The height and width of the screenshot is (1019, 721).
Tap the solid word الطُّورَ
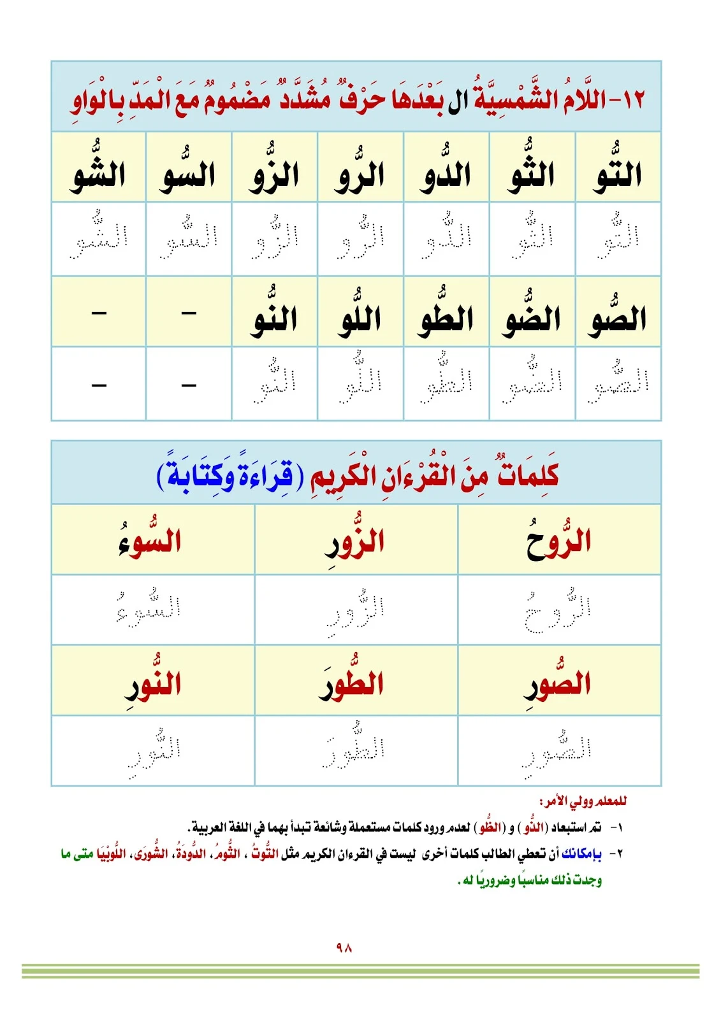click(352, 683)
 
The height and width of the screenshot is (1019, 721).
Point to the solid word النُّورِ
click(154, 683)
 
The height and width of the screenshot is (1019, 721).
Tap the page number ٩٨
click(344, 948)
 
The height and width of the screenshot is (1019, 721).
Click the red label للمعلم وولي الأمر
click(583, 801)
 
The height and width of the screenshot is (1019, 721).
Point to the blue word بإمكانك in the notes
click(581, 853)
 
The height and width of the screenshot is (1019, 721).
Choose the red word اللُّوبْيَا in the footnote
click(115, 853)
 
